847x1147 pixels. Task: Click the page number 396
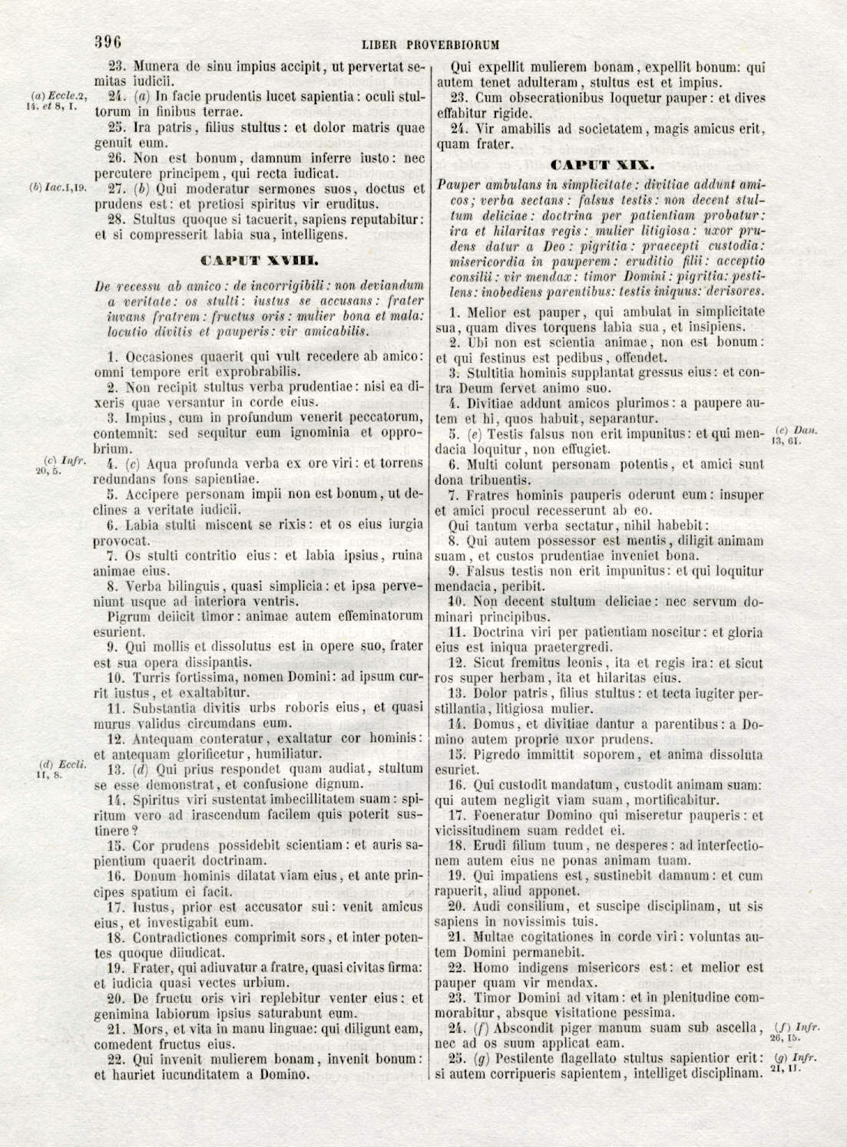coord(109,42)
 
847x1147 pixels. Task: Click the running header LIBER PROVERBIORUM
coord(430,45)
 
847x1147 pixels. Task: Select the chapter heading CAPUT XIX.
coord(602,165)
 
